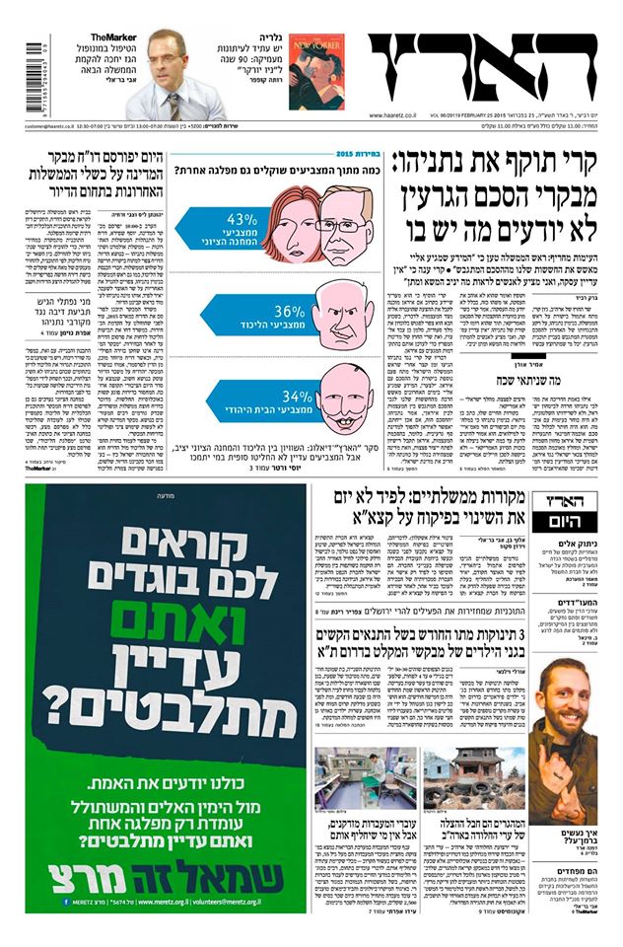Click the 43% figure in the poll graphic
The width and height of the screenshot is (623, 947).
(242, 219)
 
